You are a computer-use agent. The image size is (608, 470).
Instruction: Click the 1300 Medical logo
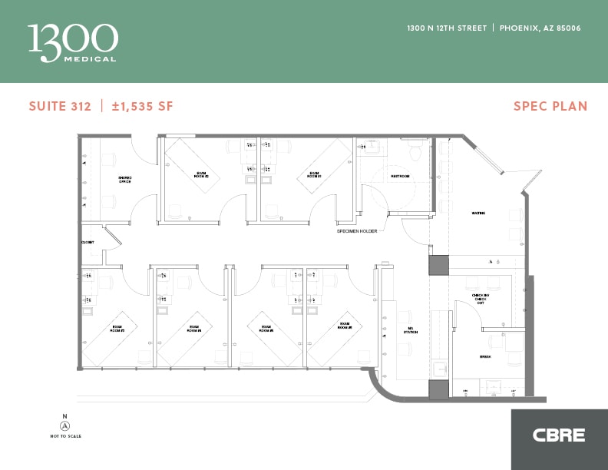point(73,42)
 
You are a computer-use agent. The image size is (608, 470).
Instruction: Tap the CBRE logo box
point(559,435)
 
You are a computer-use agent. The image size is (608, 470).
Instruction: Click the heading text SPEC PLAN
point(550,106)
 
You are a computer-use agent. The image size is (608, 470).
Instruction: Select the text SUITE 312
point(60,106)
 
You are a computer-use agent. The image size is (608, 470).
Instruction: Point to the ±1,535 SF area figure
point(142,106)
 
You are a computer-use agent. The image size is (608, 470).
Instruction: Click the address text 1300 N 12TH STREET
point(447,28)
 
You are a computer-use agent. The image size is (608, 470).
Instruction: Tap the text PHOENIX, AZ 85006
point(540,28)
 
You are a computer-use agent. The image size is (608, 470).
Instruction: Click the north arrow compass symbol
point(64,425)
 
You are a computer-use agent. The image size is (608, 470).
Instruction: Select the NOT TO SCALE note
point(64,436)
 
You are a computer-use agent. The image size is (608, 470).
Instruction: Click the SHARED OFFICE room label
point(124,180)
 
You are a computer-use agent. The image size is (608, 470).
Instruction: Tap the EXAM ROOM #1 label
point(314,175)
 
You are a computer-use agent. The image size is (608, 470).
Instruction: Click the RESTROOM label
point(400,177)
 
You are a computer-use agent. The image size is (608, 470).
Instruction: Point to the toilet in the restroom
point(415,151)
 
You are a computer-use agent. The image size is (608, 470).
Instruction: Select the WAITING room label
point(478,213)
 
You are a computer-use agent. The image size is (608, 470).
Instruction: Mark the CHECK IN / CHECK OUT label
point(480,299)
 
